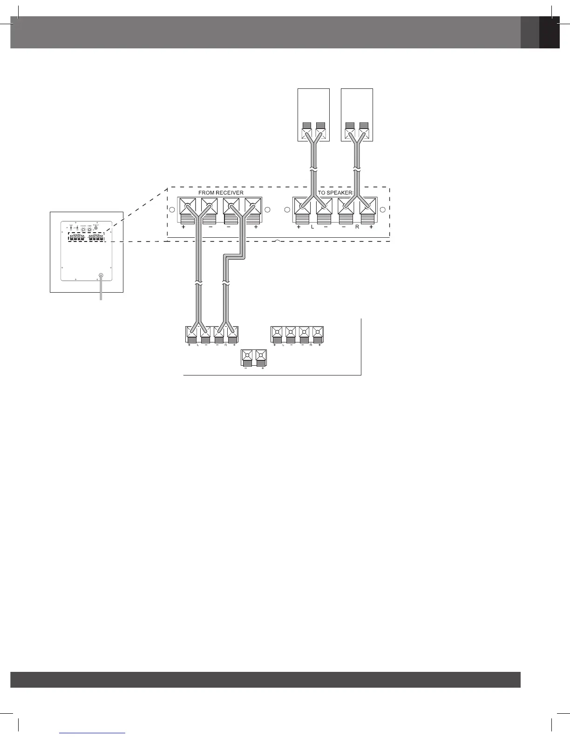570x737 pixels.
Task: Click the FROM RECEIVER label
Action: coord(221,193)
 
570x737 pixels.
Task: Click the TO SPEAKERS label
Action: coord(336,193)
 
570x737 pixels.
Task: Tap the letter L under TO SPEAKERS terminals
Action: coord(312,227)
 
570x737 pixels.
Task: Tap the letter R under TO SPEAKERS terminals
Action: coord(357,227)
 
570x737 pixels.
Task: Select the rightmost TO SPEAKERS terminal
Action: coord(368,206)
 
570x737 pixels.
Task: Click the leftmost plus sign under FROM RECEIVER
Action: coord(183,227)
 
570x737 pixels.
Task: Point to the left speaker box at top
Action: coord(313,114)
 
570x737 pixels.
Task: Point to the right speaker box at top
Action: coord(357,114)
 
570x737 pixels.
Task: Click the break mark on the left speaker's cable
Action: coord(313,169)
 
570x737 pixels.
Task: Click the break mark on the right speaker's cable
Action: coord(357,169)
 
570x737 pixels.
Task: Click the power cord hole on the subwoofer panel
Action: coord(101,275)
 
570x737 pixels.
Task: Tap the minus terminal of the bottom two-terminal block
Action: coord(247,356)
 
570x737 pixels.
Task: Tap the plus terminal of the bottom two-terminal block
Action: coord(261,356)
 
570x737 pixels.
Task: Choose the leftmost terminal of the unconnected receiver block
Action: coord(277,332)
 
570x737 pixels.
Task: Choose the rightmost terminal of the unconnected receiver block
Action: coord(318,332)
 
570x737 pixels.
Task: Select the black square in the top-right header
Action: coord(549,32)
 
